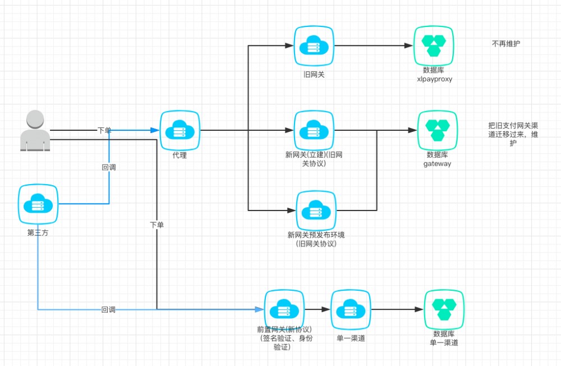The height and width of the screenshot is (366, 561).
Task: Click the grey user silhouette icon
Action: (x=35, y=131)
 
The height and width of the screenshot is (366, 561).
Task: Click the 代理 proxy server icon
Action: (x=180, y=131)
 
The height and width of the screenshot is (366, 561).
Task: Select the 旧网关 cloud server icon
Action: (x=314, y=46)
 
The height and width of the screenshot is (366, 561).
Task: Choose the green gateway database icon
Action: (x=438, y=130)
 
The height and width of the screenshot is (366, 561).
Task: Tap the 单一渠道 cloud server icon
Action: (x=351, y=310)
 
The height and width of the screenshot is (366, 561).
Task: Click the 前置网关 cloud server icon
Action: (x=284, y=310)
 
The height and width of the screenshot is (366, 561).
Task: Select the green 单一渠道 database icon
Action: (x=444, y=310)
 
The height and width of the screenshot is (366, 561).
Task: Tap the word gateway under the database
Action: (x=437, y=164)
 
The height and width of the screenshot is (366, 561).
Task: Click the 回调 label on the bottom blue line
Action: (x=108, y=309)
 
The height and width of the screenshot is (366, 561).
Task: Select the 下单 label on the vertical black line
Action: (x=157, y=225)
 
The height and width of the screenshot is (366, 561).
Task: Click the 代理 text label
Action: (x=180, y=155)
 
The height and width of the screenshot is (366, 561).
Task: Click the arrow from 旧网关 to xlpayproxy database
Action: (x=370, y=46)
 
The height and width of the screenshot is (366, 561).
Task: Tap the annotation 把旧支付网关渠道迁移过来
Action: (x=513, y=131)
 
